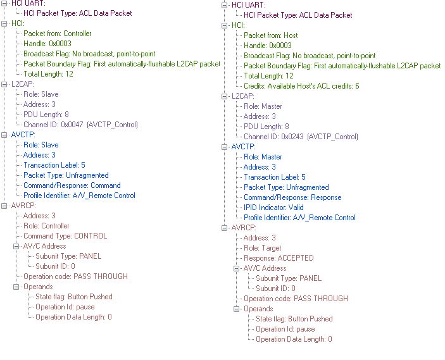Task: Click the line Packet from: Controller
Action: [57, 34]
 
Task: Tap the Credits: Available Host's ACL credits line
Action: [301, 86]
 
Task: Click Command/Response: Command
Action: [72, 185]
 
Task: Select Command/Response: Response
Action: [292, 197]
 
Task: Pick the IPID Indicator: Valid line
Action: [273, 208]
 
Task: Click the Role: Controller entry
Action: [46, 226]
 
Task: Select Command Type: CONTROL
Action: [65, 236]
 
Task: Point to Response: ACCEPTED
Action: [279, 258]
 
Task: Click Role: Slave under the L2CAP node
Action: [41, 94]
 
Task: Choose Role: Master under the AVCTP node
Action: [263, 157]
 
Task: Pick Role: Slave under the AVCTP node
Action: [41, 145]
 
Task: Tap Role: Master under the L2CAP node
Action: [263, 106]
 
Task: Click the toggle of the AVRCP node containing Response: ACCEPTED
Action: [225, 228]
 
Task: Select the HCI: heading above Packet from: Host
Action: [238, 25]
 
